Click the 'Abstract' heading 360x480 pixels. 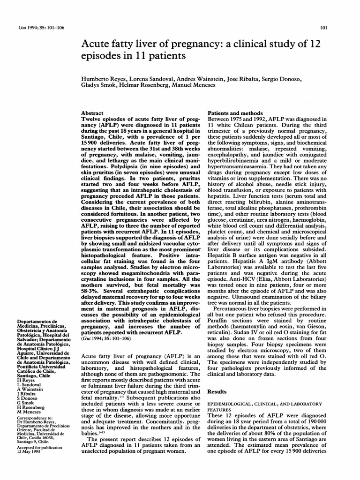(x=92, y=113)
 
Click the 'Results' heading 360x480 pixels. (x=217, y=391)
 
